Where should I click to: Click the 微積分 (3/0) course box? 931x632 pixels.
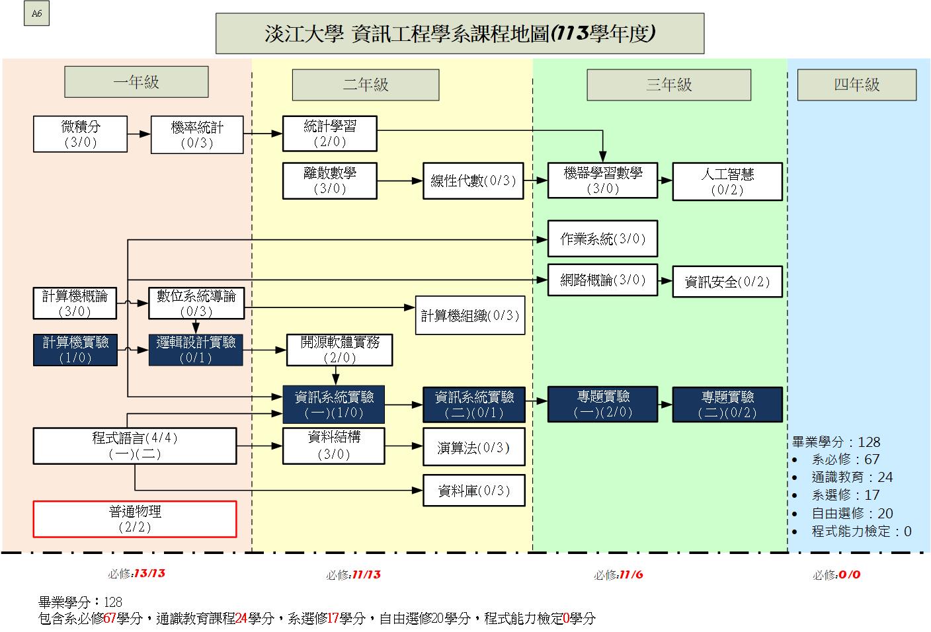click(80, 134)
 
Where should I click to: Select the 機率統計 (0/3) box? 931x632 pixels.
click(197, 135)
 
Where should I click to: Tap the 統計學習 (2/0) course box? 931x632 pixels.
click(329, 134)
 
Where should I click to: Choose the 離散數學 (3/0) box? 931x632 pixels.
click(329, 180)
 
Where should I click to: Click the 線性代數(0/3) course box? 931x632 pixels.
click(473, 180)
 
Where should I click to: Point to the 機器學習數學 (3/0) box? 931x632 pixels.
click(602, 180)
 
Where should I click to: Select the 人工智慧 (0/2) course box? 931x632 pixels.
click(727, 182)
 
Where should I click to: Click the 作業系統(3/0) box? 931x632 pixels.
click(602, 239)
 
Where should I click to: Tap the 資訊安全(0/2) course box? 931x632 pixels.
click(727, 282)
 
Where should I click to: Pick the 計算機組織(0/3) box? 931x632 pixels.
click(470, 315)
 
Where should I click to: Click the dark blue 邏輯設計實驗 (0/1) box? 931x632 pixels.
click(196, 350)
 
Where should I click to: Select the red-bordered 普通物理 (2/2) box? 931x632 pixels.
click(135, 519)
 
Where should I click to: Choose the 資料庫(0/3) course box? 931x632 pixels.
click(474, 491)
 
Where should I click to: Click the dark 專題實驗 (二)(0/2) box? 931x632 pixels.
click(727, 405)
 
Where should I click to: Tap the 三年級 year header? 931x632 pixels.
click(668, 85)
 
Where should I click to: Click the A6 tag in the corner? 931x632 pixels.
click(36, 13)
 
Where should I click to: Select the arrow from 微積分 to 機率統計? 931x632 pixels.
click(139, 134)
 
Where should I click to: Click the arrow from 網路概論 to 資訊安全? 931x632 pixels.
click(665, 281)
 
